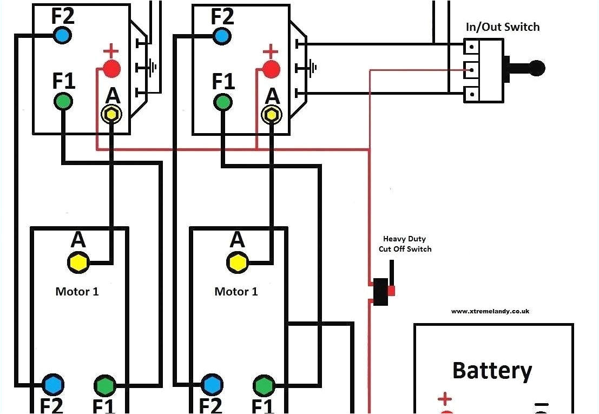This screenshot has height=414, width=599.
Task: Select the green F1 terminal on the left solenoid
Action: [63, 101]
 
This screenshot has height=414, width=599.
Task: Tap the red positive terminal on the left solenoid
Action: [111, 69]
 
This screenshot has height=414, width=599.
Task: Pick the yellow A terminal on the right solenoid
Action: [271, 114]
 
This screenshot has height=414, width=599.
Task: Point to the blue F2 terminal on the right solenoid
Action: [221, 36]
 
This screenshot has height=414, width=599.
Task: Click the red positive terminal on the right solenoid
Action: [271, 69]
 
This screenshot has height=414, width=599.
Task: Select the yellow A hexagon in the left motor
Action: [78, 262]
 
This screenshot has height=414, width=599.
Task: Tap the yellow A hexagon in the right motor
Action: [237, 262]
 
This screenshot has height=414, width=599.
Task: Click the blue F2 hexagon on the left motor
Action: [53, 385]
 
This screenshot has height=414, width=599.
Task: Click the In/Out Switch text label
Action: [503, 27]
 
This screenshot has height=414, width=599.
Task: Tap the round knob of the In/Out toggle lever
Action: [537, 68]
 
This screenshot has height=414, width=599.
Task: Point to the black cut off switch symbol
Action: [381, 291]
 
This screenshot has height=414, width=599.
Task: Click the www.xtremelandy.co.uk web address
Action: [490, 311]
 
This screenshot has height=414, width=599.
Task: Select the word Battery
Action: [492, 371]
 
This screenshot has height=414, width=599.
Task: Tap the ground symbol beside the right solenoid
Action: [313, 68]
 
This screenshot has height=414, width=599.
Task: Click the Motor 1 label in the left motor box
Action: [77, 292]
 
